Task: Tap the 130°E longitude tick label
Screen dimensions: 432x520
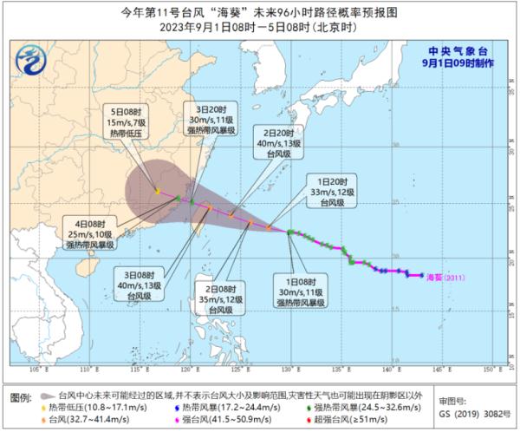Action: [x=287, y=369]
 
